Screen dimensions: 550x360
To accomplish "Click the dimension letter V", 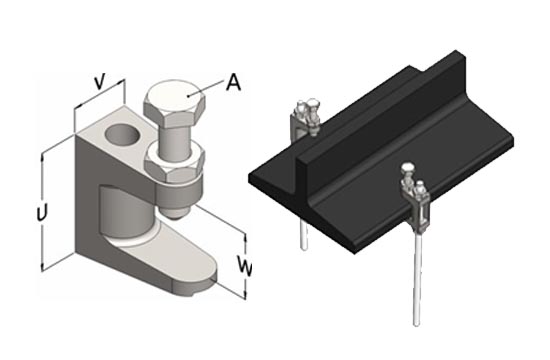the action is [x=100, y=82].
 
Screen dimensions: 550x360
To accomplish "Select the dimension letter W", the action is [x=244, y=266].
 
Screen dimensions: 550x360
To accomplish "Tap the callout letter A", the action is [x=233, y=82].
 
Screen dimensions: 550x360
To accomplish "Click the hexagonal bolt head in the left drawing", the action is [x=174, y=104].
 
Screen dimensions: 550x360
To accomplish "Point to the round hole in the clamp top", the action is [x=123, y=135].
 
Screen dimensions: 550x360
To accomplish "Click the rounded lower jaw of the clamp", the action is [x=175, y=261].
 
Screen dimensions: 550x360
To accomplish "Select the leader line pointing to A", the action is [x=206, y=88].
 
